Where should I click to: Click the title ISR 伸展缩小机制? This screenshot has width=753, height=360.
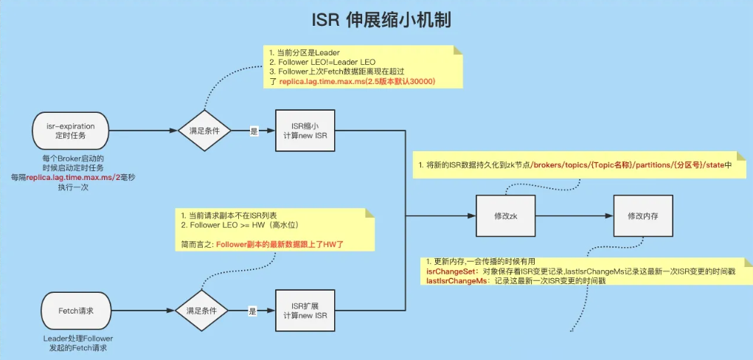[376, 20]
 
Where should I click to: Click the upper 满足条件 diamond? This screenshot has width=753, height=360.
[204, 131]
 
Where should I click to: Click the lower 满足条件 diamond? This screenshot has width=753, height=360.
[201, 311]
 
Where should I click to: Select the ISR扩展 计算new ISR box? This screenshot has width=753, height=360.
[305, 311]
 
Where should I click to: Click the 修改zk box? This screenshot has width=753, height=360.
[506, 216]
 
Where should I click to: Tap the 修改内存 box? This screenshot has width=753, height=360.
[642, 216]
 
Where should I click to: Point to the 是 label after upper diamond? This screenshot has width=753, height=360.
[254, 131]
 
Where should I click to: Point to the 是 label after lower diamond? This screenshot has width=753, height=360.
[252, 311]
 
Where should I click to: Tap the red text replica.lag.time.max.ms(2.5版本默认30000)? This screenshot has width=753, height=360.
[357, 81]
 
